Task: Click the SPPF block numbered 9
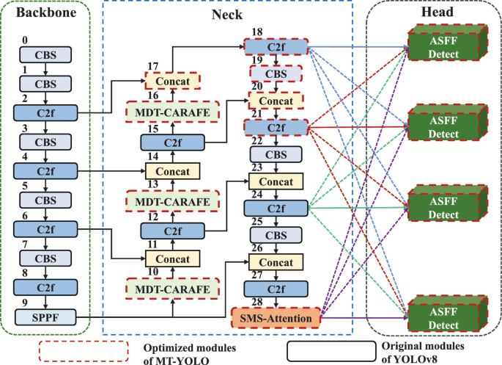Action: coord(45,318)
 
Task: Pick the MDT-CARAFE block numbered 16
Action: coord(172,112)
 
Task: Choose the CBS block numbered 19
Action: coord(276,74)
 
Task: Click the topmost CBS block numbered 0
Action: coord(45,54)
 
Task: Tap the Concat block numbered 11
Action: coord(172,259)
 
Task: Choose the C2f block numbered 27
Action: coord(276,289)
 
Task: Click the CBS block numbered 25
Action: coord(276,236)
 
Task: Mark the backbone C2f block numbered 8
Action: coord(45,288)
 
